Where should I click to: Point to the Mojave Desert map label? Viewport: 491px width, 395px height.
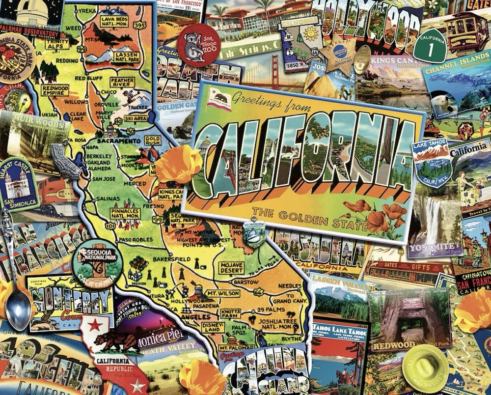click(232, 268)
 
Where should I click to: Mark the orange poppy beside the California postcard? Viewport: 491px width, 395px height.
click(179, 165)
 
